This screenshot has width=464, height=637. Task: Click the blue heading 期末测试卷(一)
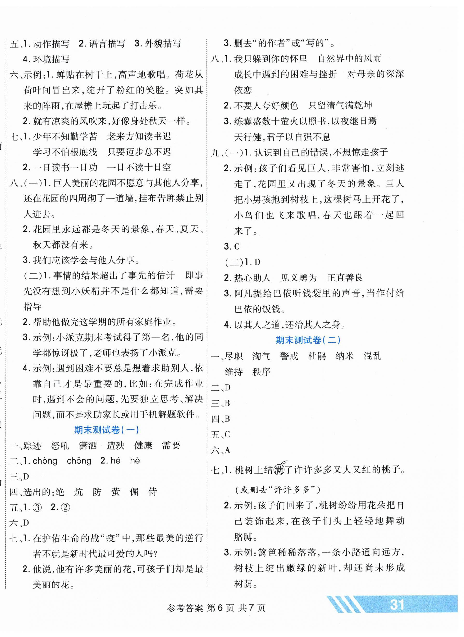coord(107,430)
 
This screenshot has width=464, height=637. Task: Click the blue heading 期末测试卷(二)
coord(308,340)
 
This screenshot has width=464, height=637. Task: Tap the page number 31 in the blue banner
coord(397,604)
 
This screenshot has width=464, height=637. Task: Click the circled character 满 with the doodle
coord(279,470)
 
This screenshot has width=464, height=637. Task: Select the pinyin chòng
coord(45,461)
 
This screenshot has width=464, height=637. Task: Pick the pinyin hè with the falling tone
coord(135,461)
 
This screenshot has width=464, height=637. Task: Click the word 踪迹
coord(32,445)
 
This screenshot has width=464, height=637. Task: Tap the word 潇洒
coord(88,445)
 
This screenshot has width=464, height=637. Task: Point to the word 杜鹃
coord(317,356)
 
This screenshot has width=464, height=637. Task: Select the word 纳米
coord(344,356)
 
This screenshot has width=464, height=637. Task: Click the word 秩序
coord(261,372)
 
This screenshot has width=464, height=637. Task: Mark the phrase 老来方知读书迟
coord(139,137)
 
